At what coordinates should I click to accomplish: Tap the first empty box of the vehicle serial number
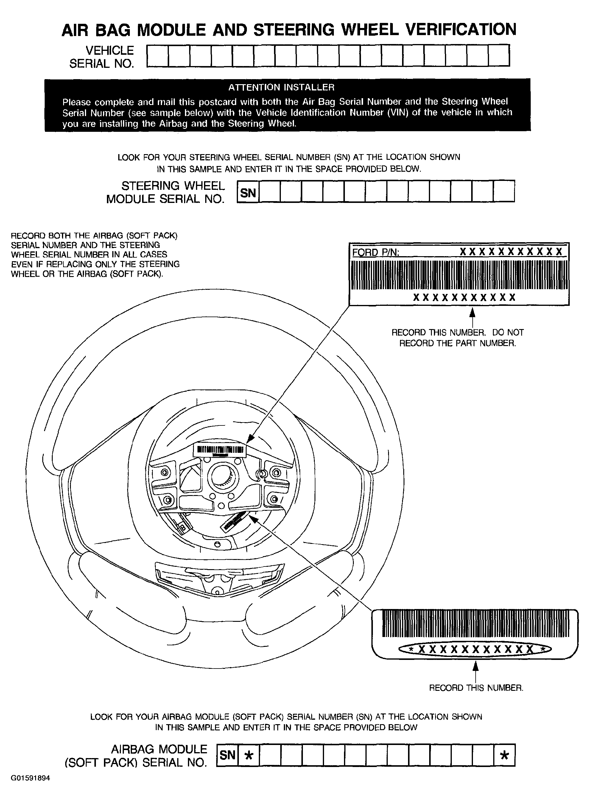pyautogui.click(x=158, y=56)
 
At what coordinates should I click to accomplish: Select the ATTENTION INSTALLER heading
pyautogui.click(x=281, y=87)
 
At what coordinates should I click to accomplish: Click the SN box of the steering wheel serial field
pyautogui.click(x=248, y=193)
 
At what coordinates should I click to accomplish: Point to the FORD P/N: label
pyautogui.click(x=376, y=253)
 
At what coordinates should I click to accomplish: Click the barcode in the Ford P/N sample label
pyautogui.click(x=459, y=275)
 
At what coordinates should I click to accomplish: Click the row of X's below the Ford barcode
pyautogui.click(x=464, y=298)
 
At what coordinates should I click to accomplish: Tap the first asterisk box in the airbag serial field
pyautogui.click(x=249, y=755)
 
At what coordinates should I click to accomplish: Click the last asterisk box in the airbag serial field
pyautogui.click(x=504, y=755)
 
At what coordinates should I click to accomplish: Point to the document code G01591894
pyautogui.click(x=30, y=778)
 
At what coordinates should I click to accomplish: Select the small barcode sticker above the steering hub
pyautogui.click(x=220, y=450)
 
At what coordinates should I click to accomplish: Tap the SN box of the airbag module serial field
pyautogui.click(x=228, y=755)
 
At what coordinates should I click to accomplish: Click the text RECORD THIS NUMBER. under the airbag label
pyautogui.click(x=476, y=688)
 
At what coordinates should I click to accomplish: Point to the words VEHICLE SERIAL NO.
pyautogui.click(x=102, y=57)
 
